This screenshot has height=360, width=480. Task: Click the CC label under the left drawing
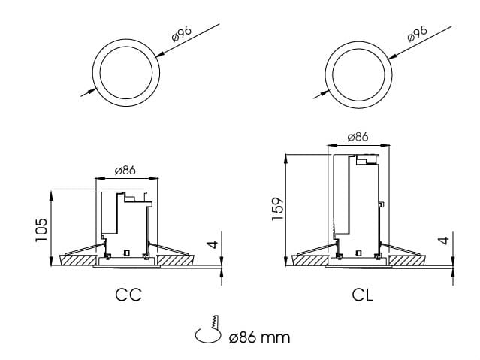(128, 294)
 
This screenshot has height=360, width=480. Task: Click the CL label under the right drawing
(362, 294)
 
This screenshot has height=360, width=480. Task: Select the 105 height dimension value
(41, 229)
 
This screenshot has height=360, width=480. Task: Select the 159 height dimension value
(276, 208)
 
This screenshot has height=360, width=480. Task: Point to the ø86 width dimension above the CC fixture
(125, 171)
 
